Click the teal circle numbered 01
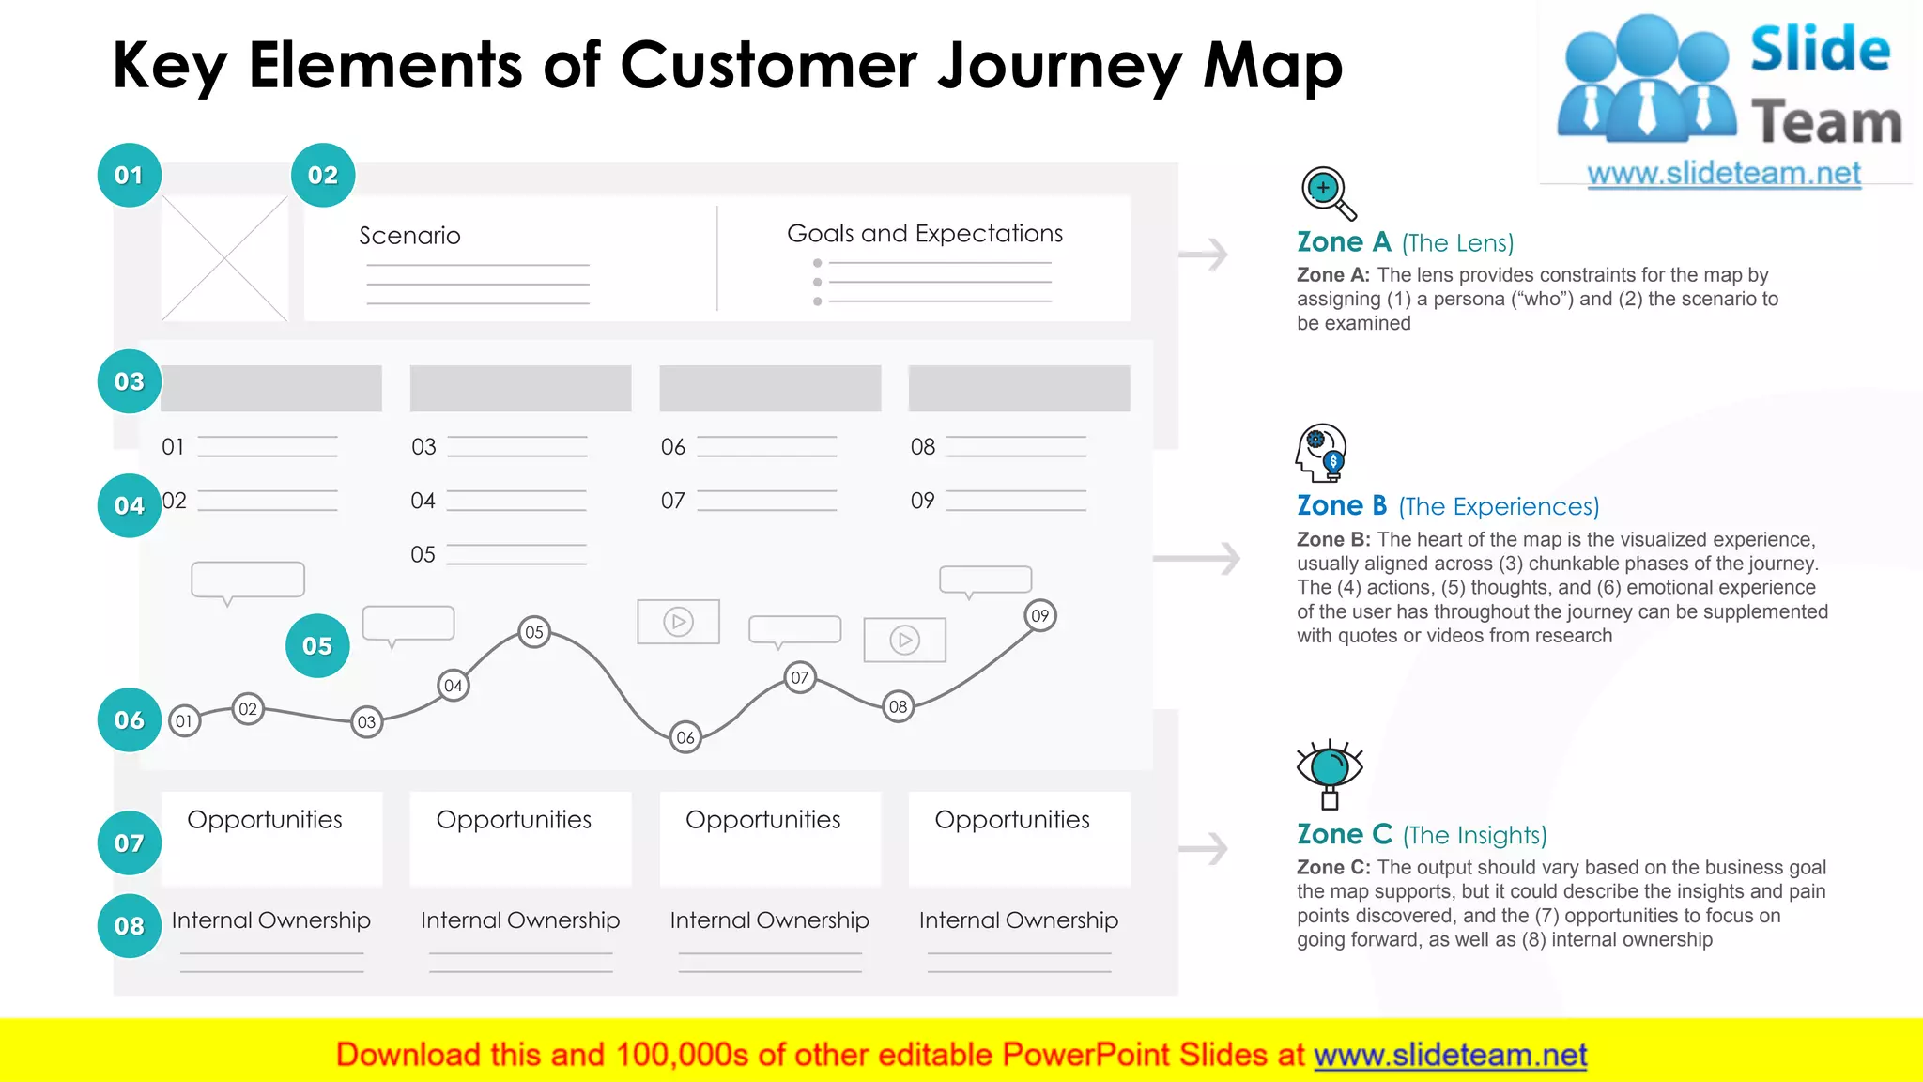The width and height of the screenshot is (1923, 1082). tap(129, 176)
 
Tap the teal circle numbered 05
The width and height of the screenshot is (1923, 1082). tap(317, 646)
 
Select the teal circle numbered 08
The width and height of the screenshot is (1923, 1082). tap(129, 926)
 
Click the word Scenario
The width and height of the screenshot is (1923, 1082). tap(409, 236)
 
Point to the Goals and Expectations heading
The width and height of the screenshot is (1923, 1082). tap(924, 234)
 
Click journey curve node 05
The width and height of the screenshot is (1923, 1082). tap(534, 632)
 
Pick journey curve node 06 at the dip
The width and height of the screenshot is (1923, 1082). tap(685, 737)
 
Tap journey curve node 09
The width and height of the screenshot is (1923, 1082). tap(1039, 616)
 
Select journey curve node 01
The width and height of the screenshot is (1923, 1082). tap(184, 721)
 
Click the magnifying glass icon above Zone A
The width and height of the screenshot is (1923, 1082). tap(1328, 193)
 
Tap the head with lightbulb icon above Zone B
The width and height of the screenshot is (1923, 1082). tap(1320, 453)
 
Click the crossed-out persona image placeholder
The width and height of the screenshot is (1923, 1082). tap(224, 258)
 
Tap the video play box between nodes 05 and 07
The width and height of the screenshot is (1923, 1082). tap(678, 622)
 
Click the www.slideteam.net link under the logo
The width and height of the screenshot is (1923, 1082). tap(1723, 174)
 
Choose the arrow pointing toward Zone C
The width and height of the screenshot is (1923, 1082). tap(1203, 849)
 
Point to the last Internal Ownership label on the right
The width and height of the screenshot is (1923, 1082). tap(1018, 920)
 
